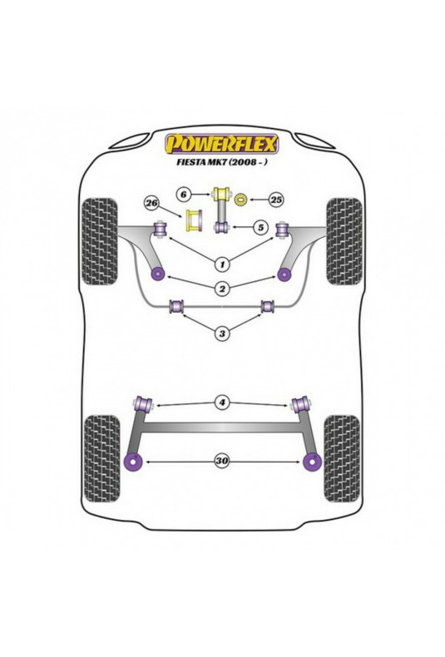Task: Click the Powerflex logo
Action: pos(222,144)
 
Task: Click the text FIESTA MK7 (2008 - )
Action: pos(222,163)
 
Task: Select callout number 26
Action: pos(151,204)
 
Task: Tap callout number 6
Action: pos(183,195)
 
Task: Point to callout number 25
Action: pos(276,200)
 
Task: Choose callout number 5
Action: pos(260,228)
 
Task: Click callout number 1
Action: pos(222,264)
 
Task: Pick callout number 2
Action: pos(222,289)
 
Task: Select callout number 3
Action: pos(222,333)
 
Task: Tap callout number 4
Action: pos(222,403)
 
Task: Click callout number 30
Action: pos(222,462)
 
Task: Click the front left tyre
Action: pos(100,241)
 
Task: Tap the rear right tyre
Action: pos(342,458)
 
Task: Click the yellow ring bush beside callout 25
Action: pos(241,200)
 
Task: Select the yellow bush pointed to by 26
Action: pos(194,220)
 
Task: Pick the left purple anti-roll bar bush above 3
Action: pos(177,306)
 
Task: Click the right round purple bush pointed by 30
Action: pos(311,462)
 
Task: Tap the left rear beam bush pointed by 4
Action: pos(143,404)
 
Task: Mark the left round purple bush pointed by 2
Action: pos(158,274)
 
